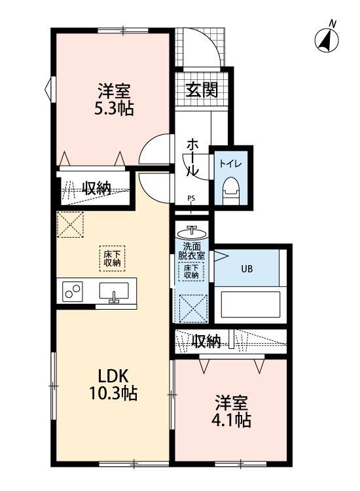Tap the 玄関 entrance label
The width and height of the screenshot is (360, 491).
click(200, 88)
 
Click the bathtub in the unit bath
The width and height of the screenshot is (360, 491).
click(251, 304)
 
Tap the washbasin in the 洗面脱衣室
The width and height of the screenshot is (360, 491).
click(192, 232)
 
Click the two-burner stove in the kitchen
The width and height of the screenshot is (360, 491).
click(72, 291)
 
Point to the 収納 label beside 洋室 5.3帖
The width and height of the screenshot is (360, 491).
click(96, 187)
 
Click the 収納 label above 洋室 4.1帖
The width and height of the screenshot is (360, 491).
click(206, 340)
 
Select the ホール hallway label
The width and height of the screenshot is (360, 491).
click(194, 157)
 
